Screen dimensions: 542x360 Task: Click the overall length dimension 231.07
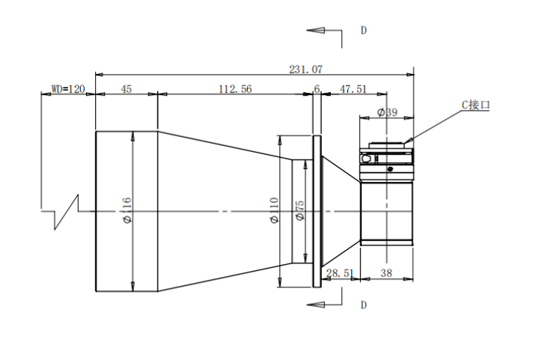pyautogui.click(x=305, y=70)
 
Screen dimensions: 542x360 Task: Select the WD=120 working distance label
pyautogui.click(x=68, y=89)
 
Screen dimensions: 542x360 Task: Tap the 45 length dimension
pyautogui.click(x=127, y=89)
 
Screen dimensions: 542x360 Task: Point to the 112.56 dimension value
pyautogui.click(x=235, y=89)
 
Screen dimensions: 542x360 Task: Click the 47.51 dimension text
pyautogui.click(x=353, y=89)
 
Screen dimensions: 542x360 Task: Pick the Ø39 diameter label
pyautogui.click(x=387, y=112)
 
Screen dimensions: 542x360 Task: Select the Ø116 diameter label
pyautogui.click(x=127, y=210)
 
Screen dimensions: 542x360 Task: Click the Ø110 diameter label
pyautogui.click(x=274, y=210)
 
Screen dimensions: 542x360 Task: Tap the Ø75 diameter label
pyautogui.click(x=300, y=210)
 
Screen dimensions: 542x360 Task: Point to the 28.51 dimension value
pyautogui.click(x=340, y=273)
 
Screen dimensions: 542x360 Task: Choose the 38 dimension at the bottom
pyautogui.click(x=386, y=273)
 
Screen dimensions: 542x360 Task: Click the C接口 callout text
pyautogui.click(x=476, y=105)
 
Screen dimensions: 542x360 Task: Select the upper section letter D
pyautogui.click(x=363, y=31)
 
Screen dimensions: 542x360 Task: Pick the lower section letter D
pyautogui.click(x=363, y=305)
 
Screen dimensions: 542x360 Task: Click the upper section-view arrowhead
pyautogui.click(x=316, y=31)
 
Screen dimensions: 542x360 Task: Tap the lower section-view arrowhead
pyautogui.click(x=316, y=305)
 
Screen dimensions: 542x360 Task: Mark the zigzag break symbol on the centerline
pyautogui.click(x=67, y=212)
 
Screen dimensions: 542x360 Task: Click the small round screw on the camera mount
pyautogui.click(x=390, y=169)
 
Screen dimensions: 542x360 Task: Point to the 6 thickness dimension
pyautogui.click(x=317, y=89)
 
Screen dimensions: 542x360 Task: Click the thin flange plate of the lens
pyautogui.click(x=317, y=211)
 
